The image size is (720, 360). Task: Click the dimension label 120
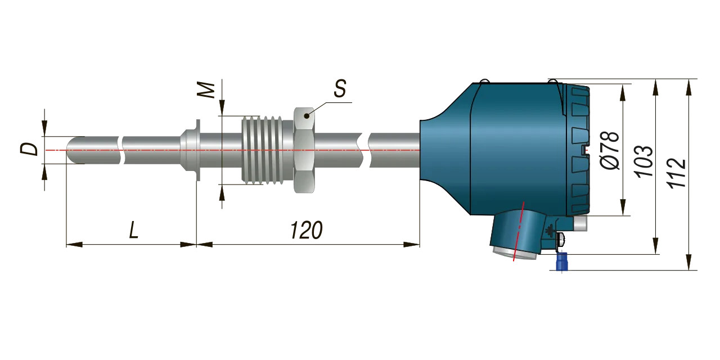pos(306,230)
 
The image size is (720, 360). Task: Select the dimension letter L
pos(134,230)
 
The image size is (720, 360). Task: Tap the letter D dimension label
pos(29,149)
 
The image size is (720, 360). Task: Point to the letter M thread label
pos(206,91)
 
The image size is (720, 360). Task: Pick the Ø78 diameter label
pos(610,150)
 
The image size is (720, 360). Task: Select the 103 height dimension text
pos(644,161)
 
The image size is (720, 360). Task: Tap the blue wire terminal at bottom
pos(561,262)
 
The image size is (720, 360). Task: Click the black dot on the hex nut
pos(307,116)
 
